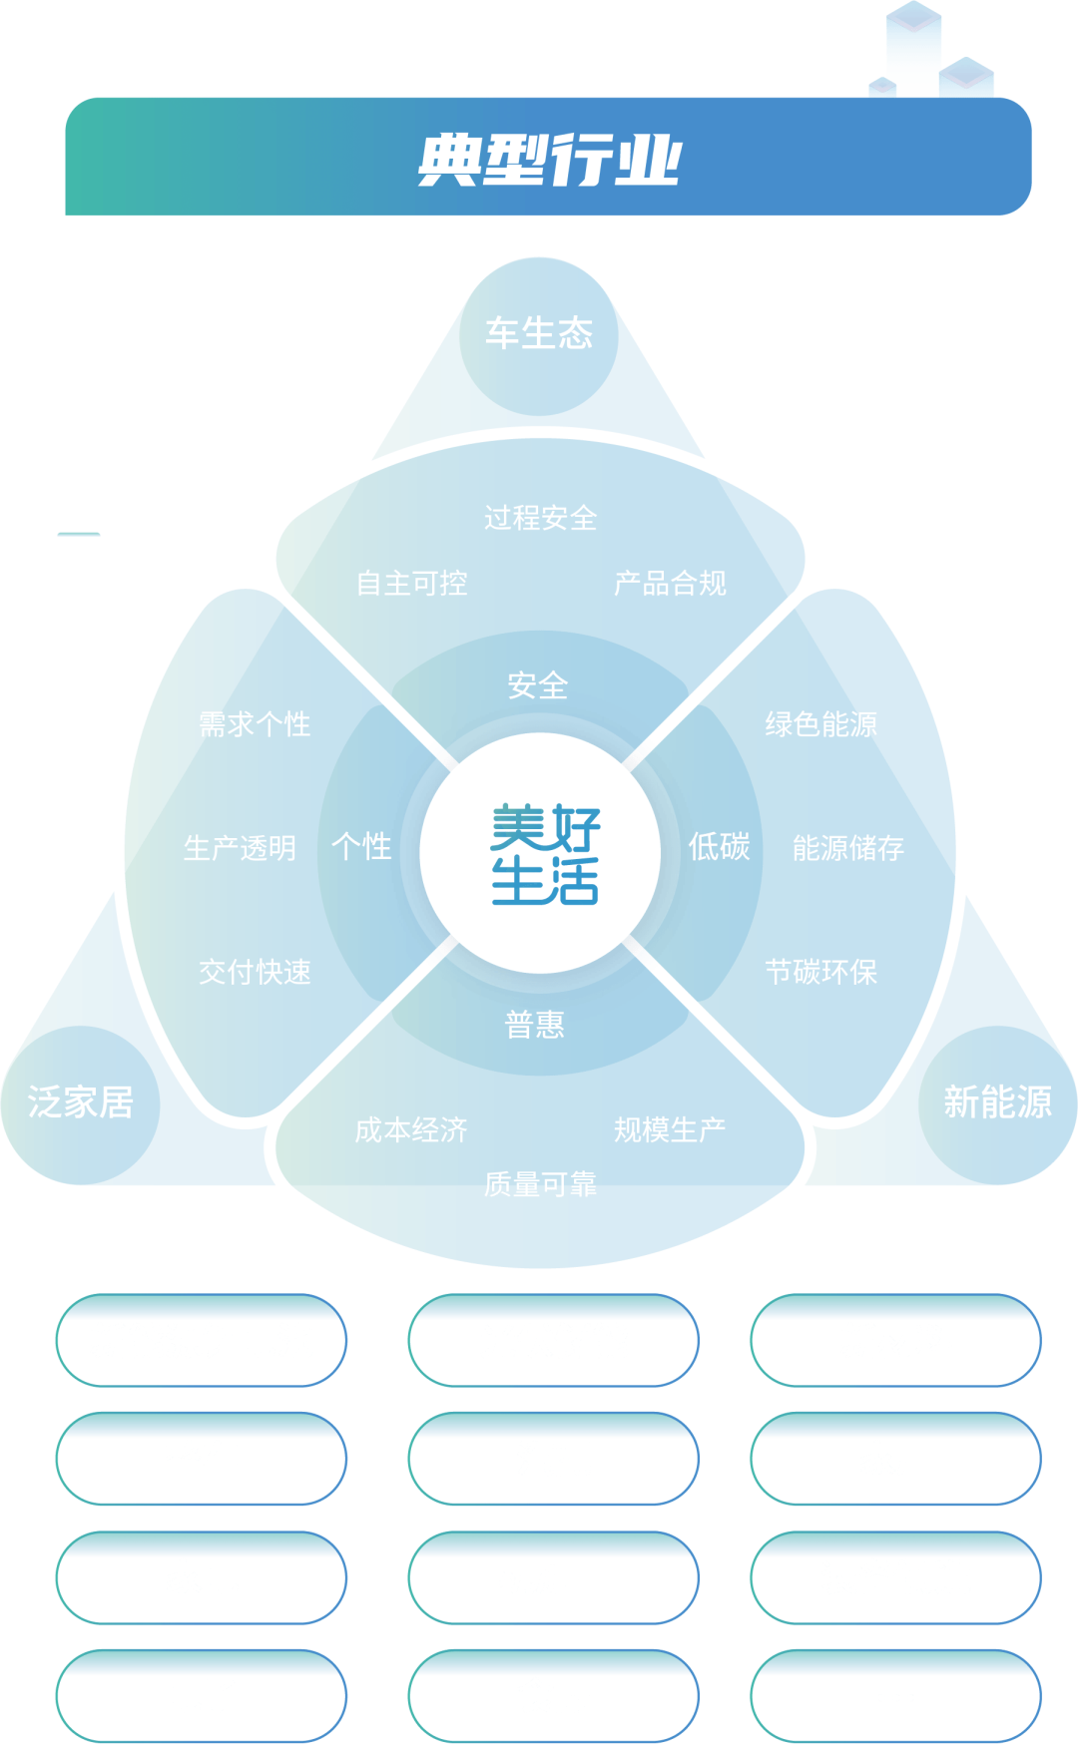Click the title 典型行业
(548, 159)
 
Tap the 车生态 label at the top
(539, 333)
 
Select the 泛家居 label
(80, 1102)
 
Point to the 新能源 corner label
(997, 1102)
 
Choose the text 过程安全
(540, 518)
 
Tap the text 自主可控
(411, 584)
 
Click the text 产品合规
(670, 584)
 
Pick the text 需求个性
(255, 724)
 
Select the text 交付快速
(255, 972)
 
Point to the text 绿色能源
(821, 724)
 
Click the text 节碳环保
(821, 972)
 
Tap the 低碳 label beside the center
(719, 847)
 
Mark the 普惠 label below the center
(535, 1025)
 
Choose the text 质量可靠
(540, 1184)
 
